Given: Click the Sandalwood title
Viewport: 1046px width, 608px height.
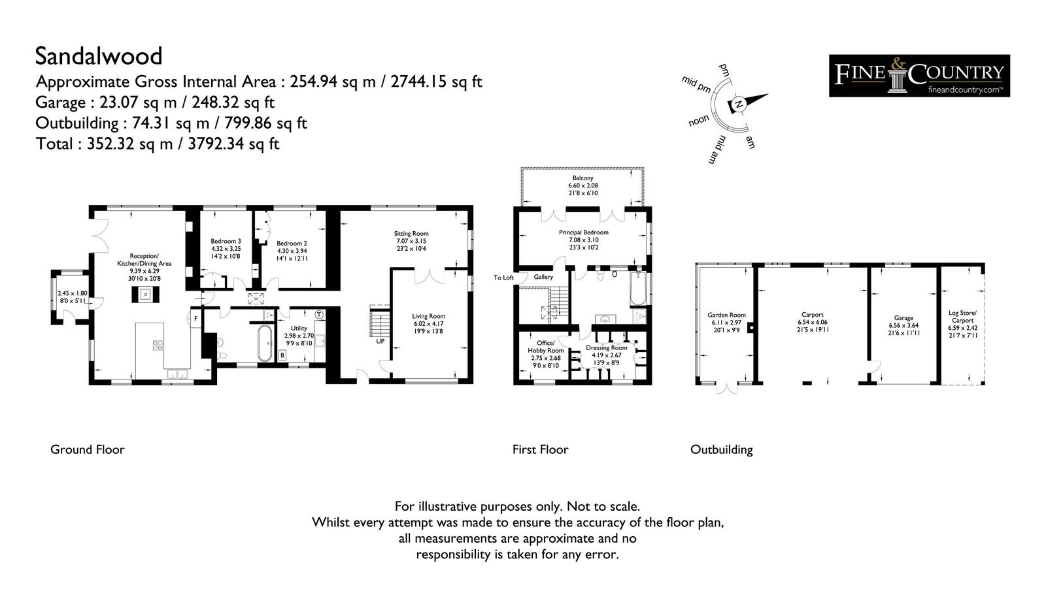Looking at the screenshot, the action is pos(99,56).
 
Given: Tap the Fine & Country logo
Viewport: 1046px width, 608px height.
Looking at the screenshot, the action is pos(919,76).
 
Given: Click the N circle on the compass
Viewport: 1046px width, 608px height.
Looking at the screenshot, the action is pos(738,104).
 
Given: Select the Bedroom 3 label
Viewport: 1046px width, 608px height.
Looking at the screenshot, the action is pos(226,241).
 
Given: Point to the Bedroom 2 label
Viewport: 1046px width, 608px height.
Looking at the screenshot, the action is pos(292,243).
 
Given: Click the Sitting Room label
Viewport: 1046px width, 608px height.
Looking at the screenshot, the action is pos(411,233).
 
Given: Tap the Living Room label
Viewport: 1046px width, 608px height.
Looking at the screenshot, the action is pos(429,316).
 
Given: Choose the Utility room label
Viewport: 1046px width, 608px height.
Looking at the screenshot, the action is pos(299,328).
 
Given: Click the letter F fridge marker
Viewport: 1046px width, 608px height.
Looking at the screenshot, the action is pos(195,319).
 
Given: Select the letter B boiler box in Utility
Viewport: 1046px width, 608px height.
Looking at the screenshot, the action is pos(282,355).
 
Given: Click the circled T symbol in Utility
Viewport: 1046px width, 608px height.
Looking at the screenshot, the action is pos(319,315).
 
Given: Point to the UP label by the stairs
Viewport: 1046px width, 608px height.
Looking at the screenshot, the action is pos(380,341).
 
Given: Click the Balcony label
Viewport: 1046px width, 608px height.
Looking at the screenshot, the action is pos(582,178).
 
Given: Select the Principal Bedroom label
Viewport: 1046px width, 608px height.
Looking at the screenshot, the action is pos(584,232).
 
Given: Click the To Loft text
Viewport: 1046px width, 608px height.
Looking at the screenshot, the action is pos(503,278).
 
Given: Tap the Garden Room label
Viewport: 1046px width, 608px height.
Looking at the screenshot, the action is pos(726,315).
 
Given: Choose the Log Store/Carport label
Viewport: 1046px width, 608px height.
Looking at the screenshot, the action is pos(962,316).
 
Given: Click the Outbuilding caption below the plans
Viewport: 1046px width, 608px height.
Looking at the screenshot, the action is pos(722,449).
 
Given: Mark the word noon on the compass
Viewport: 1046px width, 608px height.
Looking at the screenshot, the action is pos(699,121).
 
